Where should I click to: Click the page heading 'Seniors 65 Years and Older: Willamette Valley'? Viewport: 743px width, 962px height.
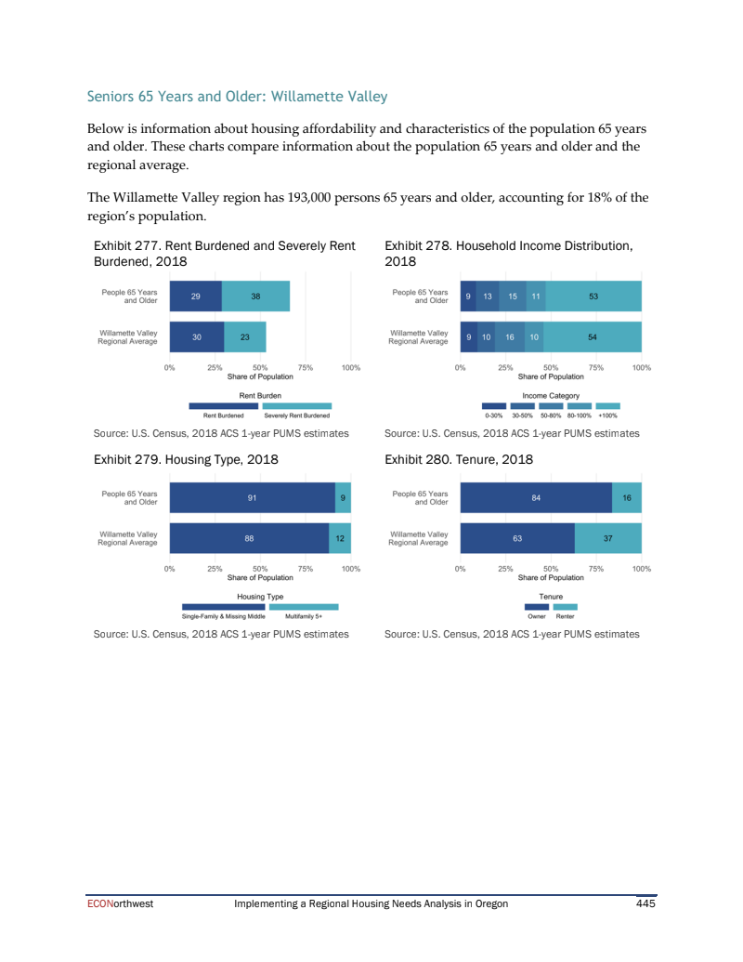237,97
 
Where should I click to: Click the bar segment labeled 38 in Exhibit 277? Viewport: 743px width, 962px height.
255,297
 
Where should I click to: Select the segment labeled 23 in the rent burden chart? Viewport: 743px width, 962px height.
245,337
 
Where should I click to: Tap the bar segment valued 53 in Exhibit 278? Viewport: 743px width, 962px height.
593,297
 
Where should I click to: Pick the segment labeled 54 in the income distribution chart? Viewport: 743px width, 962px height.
593,337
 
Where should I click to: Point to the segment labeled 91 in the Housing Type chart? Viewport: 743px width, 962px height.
252,498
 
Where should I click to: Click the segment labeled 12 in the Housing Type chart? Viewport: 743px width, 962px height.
340,538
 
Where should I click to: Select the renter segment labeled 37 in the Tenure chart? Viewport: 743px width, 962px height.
607,538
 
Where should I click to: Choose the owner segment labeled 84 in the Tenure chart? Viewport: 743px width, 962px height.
536,498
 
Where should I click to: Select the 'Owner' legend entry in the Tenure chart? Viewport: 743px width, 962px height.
537,616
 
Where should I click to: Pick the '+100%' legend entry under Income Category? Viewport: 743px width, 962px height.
607,415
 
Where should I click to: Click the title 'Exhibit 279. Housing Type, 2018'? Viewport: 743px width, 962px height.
186,459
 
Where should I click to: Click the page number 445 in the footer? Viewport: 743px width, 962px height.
645,903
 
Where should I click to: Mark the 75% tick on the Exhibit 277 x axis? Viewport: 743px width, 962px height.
306,368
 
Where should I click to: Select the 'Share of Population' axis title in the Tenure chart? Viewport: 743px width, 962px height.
551,577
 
